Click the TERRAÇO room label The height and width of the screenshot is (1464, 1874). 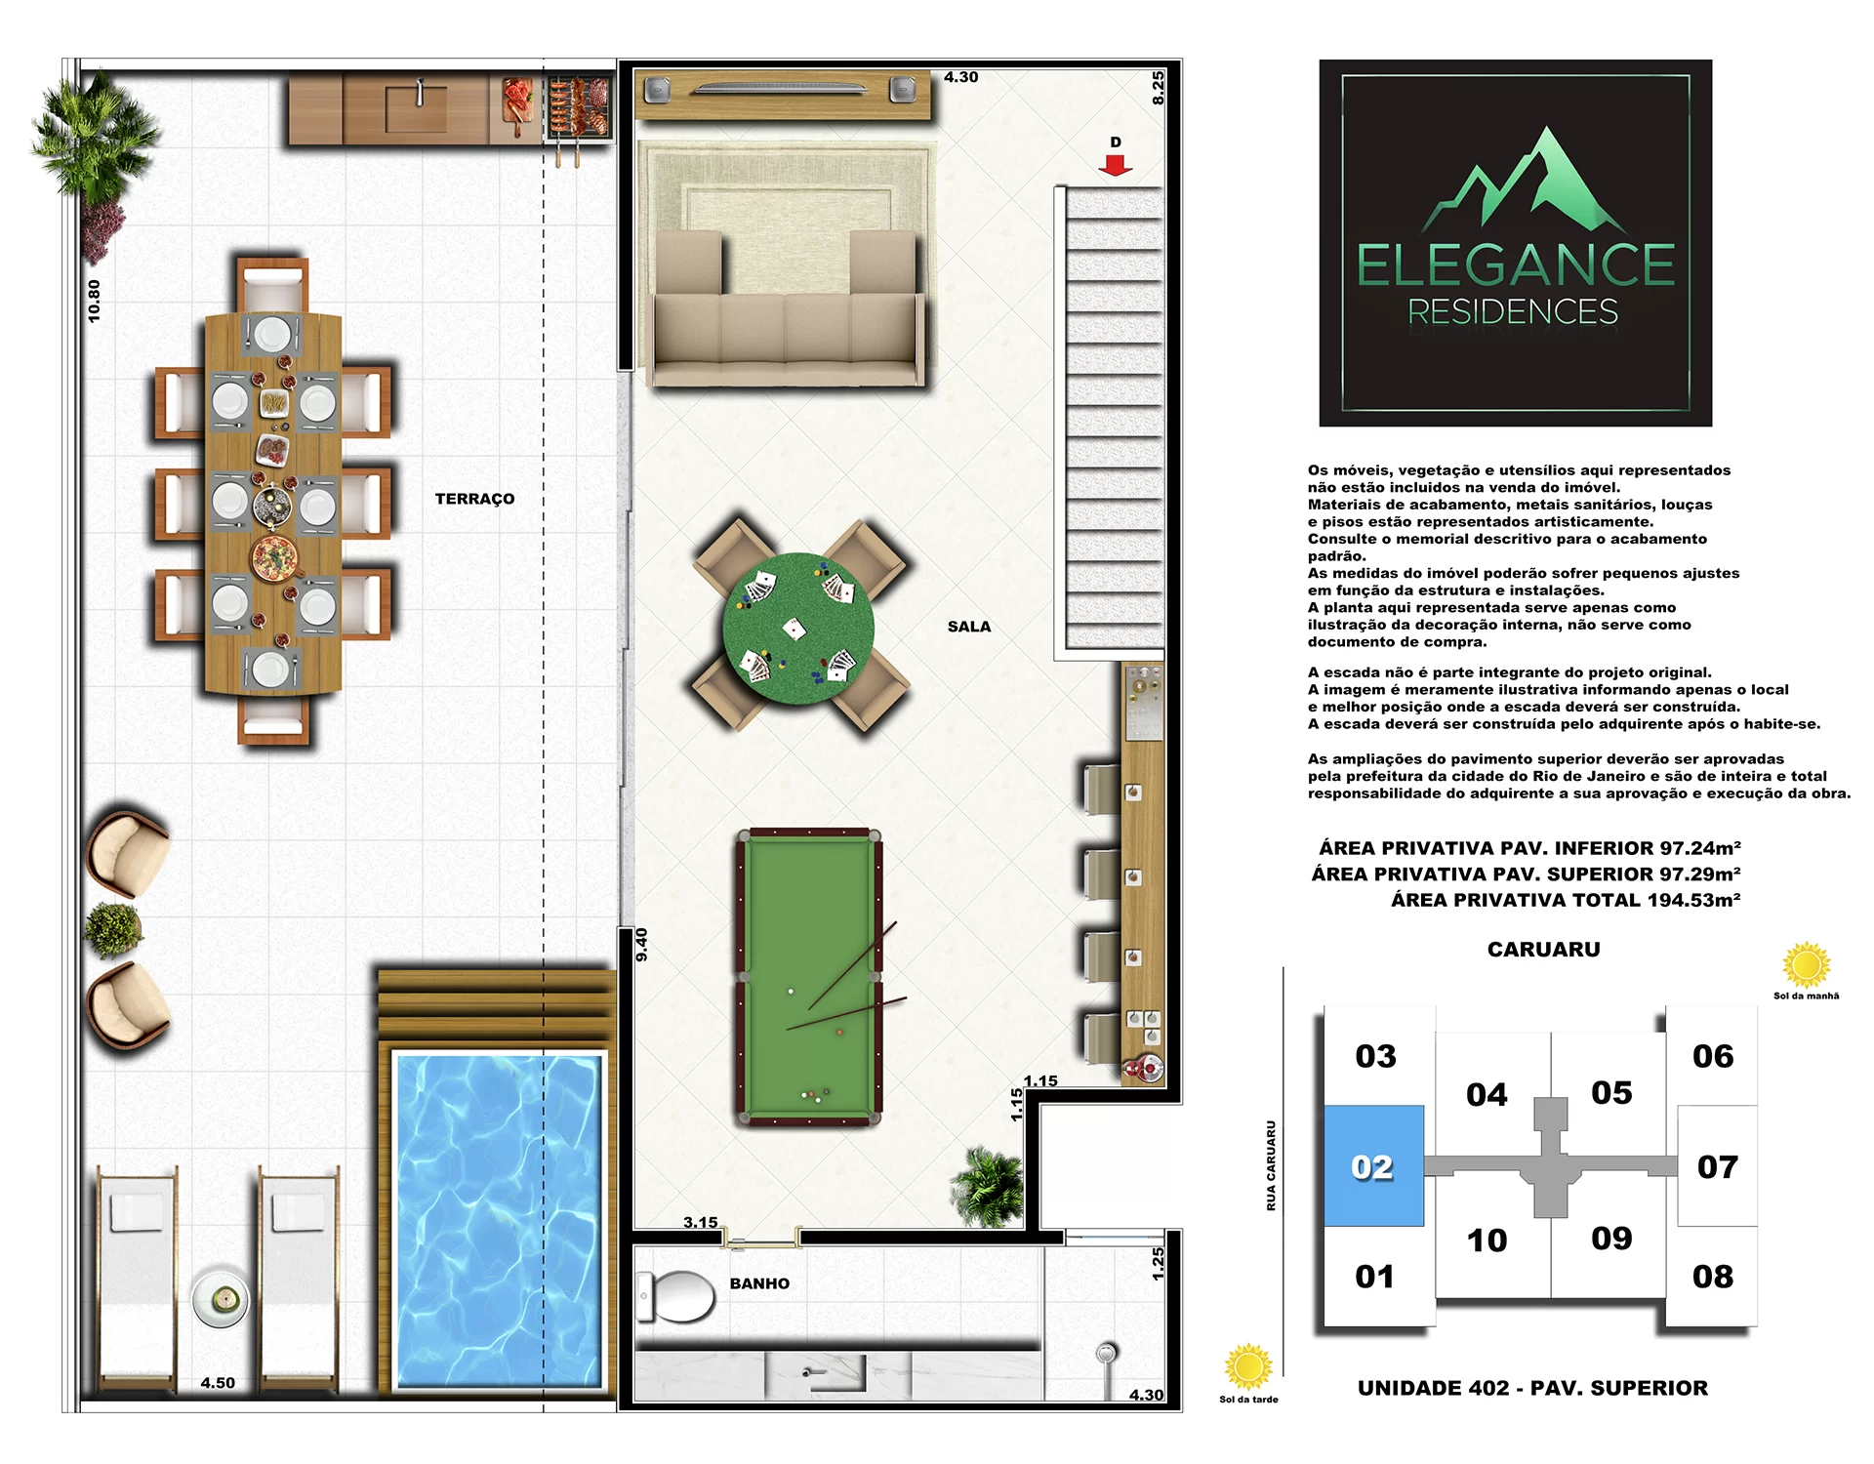click(474, 499)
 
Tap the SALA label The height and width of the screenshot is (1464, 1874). click(969, 627)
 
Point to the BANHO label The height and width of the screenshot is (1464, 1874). click(759, 1283)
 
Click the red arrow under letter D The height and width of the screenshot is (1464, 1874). click(1116, 166)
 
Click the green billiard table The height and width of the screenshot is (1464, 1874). click(809, 977)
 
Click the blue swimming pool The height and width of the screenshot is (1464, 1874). click(498, 1221)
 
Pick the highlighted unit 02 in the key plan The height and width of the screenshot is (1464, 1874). click(1373, 1166)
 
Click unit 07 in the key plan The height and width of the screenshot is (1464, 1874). click(1718, 1166)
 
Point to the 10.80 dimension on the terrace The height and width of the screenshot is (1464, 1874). click(94, 301)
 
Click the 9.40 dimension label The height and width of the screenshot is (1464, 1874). click(641, 944)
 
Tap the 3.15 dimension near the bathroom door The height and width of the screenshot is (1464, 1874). click(700, 1222)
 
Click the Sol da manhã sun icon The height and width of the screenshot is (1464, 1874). click(1806, 965)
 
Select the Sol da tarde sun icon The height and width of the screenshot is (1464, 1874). click(1248, 1366)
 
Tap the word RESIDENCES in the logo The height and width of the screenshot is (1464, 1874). click(1513, 312)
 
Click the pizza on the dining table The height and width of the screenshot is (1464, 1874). click(275, 557)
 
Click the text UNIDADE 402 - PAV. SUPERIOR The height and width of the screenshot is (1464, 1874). click(1532, 1388)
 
